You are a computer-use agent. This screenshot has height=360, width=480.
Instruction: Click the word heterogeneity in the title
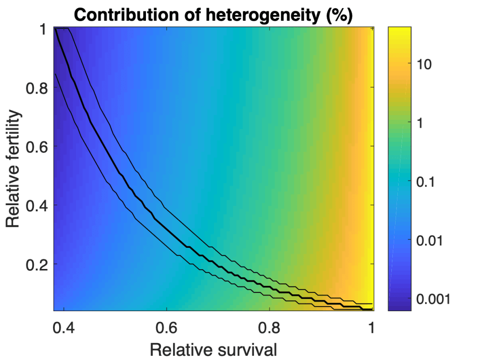[x=254, y=15]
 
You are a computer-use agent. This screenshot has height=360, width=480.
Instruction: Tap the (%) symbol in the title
[x=336, y=15]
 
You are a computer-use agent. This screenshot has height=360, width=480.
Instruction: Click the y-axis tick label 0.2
[x=36, y=264]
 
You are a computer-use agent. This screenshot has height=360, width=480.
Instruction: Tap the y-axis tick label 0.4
[x=36, y=205]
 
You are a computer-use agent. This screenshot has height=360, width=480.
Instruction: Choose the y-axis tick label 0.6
[x=36, y=146]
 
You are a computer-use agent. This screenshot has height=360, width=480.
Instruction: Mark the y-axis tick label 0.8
[x=36, y=87]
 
